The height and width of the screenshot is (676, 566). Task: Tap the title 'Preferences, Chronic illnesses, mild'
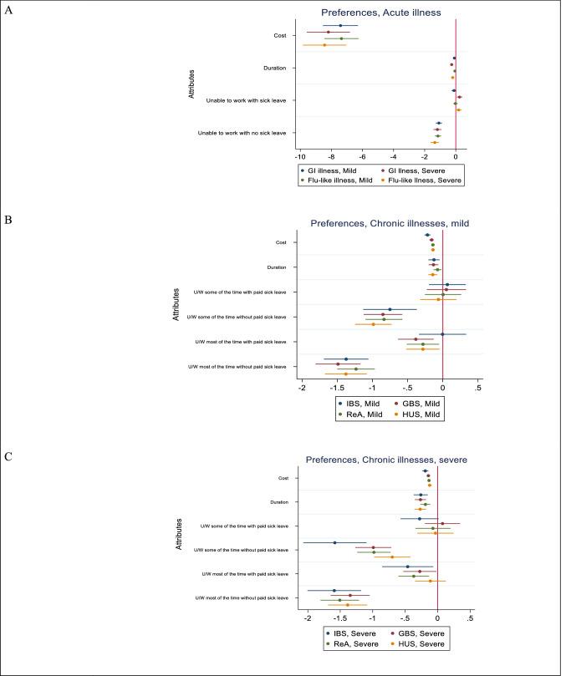pos(378,223)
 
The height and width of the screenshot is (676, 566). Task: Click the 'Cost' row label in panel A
pos(279,35)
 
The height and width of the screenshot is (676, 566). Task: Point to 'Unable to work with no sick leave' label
pos(242,133)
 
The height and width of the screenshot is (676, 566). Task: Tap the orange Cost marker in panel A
pos(324,44)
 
